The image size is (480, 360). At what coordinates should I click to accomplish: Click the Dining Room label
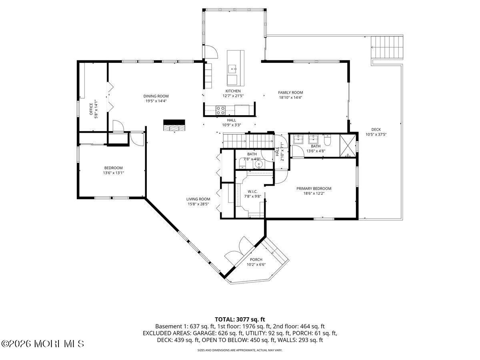[x=156, y=96]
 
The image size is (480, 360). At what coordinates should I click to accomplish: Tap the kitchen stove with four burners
[x=220, y=110]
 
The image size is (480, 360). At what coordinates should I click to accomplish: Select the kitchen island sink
[x=233, y=69]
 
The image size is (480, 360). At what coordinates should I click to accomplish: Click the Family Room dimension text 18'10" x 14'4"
[x=290, y=97]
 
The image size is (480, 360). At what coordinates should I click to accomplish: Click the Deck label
[x=376, y=129]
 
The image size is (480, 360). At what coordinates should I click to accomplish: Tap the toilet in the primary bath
[x=327, y=140]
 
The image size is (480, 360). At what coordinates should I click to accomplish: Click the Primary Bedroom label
[x=314, y=188]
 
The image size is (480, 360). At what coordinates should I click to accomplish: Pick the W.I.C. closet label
[x=252, y=191]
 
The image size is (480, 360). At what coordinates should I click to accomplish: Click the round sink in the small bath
[x=259, y=164]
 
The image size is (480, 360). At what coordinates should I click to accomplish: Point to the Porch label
[x=256, y=260]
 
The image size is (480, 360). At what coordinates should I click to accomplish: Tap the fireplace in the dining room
[x=174, y=125]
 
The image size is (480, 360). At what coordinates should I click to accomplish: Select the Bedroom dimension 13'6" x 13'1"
[x=113, y=173]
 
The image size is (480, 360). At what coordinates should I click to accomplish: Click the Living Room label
[x=198, y=199]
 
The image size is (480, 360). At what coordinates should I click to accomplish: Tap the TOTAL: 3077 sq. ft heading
[x=240, y=319]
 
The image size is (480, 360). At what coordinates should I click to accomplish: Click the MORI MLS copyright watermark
[x=43, y=344]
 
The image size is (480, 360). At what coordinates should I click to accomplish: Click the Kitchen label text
[x=233, y=91]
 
